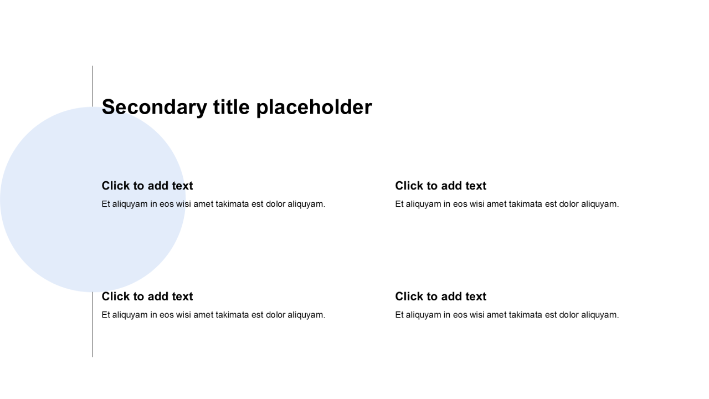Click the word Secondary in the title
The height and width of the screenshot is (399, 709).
155,108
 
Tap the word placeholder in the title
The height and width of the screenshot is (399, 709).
314,108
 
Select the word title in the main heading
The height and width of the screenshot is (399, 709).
232,107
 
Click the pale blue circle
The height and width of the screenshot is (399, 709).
93,199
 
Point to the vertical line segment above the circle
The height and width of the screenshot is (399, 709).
93,86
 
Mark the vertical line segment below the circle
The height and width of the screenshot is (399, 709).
93,325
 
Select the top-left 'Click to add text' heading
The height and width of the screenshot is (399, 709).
147,186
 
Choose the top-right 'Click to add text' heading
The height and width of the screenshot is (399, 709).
440,186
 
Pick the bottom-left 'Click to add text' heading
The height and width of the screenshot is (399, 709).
147,296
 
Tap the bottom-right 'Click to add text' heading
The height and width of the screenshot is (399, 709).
440,296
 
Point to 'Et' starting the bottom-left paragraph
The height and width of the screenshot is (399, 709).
105,315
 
